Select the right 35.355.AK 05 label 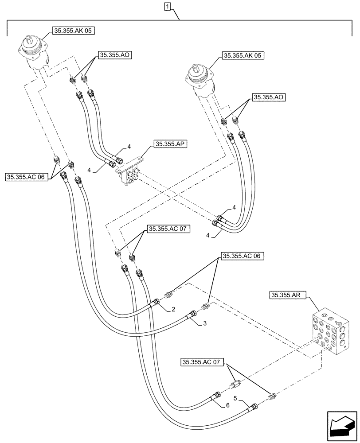click(242, 56)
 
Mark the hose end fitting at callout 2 click(157, 302)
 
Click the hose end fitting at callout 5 click(253, 406)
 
